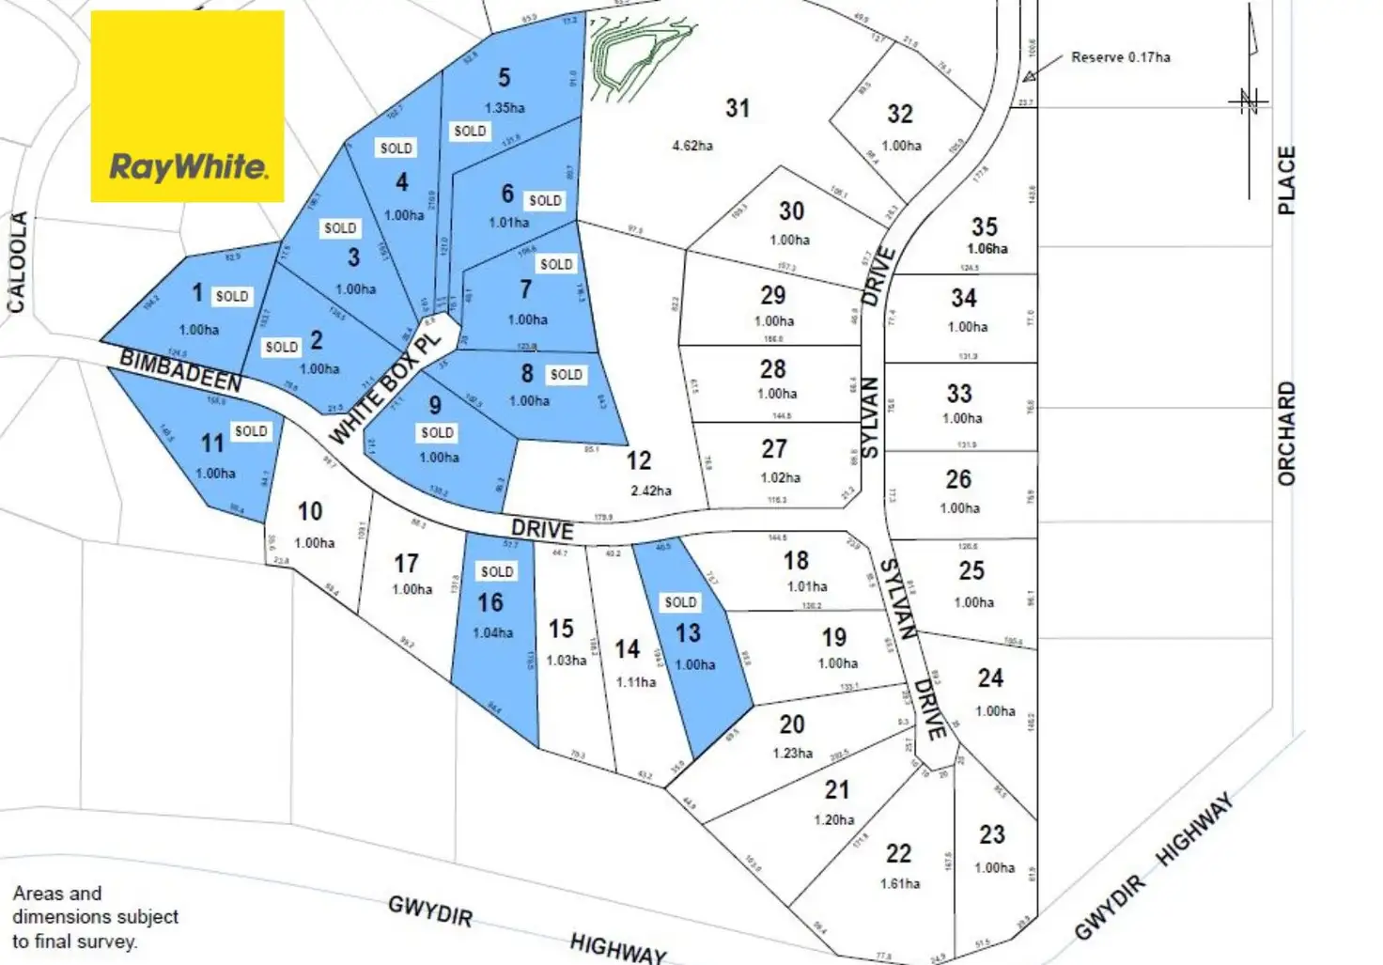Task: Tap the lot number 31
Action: pos(738,109)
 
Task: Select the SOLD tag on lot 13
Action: pos(680,602)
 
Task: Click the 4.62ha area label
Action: pos(692,146)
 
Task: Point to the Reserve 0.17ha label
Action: pos(1121,57)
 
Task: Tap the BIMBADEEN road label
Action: pos(180,370)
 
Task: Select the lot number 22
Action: pos(898,853)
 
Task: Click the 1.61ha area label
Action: pos(900,883)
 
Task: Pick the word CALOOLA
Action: pos(17,261)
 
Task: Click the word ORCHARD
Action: pos(1286,433)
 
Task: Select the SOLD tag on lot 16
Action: pos(497,571)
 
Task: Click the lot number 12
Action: pos(639,460)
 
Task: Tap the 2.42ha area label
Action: pos(651,490)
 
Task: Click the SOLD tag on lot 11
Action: pos(251,431)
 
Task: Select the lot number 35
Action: pos(985,226)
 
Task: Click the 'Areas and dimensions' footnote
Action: pos(95,917)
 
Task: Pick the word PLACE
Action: pos(1286,179)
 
